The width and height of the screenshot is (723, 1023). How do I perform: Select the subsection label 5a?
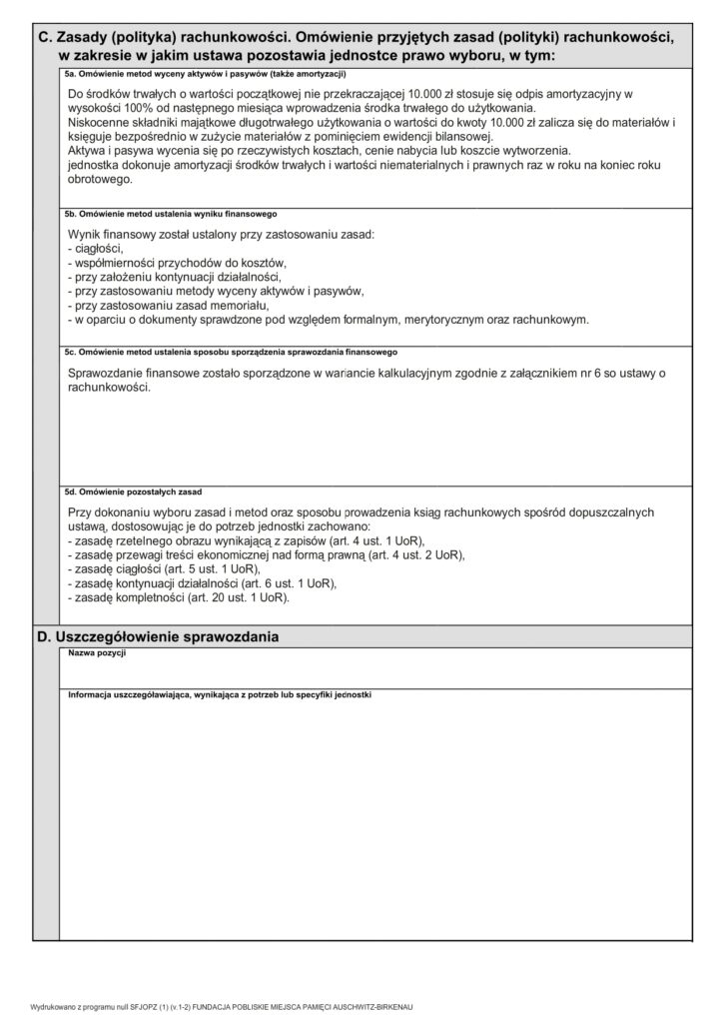pos(70,74)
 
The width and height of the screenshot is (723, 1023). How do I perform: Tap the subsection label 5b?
pos(70,214)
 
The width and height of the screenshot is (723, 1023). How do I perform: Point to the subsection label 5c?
pos(70,353)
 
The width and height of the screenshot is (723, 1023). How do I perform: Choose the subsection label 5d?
pos(70,493)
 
